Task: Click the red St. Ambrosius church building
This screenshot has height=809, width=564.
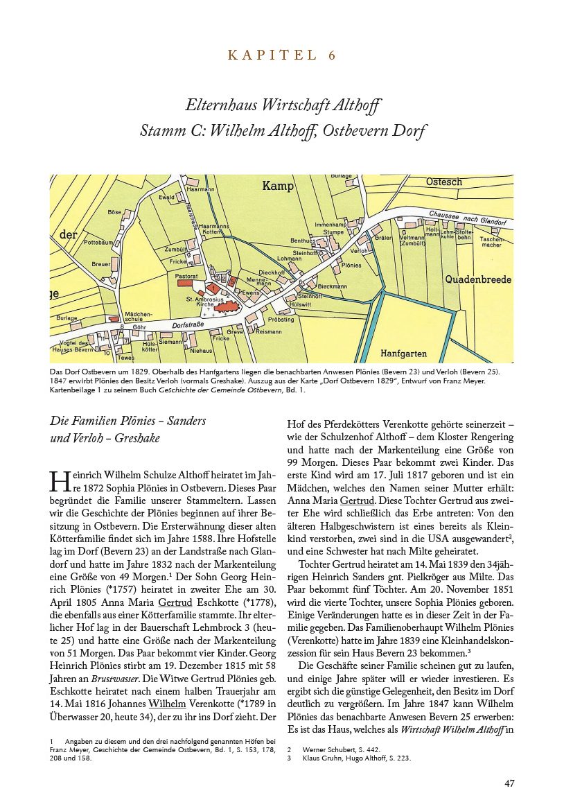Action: click(x=226, y=307)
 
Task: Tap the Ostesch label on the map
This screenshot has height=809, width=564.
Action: click(x=444, y=182)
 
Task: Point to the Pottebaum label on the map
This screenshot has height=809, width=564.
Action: click(x=98, y=243)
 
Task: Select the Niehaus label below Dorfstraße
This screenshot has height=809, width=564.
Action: click(x=201, y=351)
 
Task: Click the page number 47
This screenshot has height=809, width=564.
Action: click(x=509, y=783)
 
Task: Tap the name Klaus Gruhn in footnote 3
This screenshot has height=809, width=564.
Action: click(x=321, y=758)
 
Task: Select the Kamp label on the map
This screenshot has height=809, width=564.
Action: click(x=278, y=186)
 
